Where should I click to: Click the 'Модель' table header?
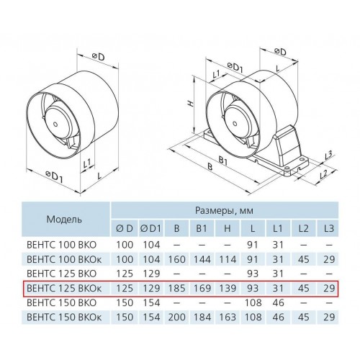pos(64,219)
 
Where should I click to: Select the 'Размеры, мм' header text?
pos(224,210)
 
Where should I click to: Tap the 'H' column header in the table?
pos(227,228)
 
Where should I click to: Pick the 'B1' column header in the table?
pos(202,228)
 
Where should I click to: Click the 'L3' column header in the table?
pos(329,228)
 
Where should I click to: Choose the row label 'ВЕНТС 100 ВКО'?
pos(62,245)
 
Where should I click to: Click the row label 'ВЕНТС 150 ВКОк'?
pos(64,317)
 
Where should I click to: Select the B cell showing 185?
pos(176,288)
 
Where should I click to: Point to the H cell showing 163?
pos(227,317)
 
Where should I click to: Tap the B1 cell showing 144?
pos(202,259)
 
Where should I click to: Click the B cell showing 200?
pos(176,317)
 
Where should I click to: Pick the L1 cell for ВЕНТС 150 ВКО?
pos(278,302)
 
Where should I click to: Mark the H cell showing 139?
pos(227,288)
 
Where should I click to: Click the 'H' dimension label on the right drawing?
pos(190,104)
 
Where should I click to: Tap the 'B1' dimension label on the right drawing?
pos(223,161)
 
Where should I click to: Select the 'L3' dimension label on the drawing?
pos(328,156)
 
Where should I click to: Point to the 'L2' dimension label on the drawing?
pos(324,174)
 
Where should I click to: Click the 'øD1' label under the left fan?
pos(54,176)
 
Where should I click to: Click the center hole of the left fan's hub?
pos(55,125)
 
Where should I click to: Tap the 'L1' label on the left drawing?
pos(86,164)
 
